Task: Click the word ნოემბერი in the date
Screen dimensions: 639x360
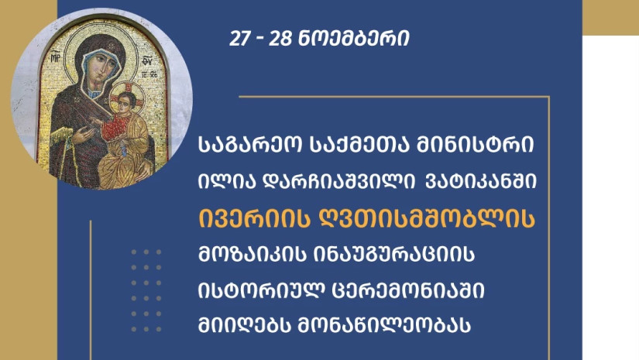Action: coord(354,39)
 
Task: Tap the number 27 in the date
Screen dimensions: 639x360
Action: coord(239,39)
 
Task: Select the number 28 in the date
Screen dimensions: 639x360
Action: coord(280,39)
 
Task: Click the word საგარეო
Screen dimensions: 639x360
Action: coord(250,146)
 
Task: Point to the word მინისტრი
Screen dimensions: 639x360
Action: coord(474,146)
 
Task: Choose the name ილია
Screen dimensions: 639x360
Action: coord(227,182)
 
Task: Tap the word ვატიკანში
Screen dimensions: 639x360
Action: coord(481,182)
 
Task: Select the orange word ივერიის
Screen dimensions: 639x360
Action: coord(254,218)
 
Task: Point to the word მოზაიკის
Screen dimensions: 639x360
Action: coord(252,255)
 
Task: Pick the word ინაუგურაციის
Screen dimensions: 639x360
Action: coord(395,255)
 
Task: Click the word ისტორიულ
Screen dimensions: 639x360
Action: coord(262,291)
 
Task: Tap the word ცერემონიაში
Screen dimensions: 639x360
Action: coord(409,291)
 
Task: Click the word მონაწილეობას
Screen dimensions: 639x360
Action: coord(385,325)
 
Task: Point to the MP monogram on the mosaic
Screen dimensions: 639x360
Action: coord(56,57)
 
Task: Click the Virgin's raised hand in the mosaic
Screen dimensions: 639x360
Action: coord(84,135)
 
